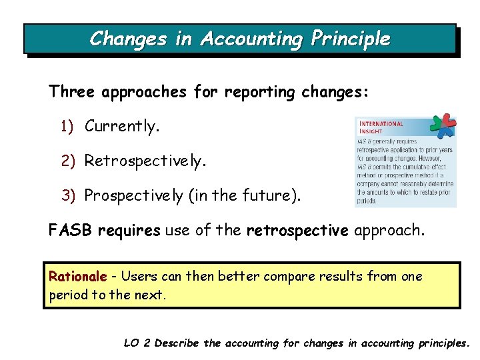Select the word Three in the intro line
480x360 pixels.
(x=73, y=92)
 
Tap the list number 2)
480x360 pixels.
(x=69, y=161)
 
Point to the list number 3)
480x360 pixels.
(x=69, y=195)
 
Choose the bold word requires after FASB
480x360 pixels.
(x=129, y=231)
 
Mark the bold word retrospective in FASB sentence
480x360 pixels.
(x=297, y=231)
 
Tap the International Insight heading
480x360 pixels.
(x=382, y=127)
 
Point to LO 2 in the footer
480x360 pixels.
(x=137, y=343)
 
